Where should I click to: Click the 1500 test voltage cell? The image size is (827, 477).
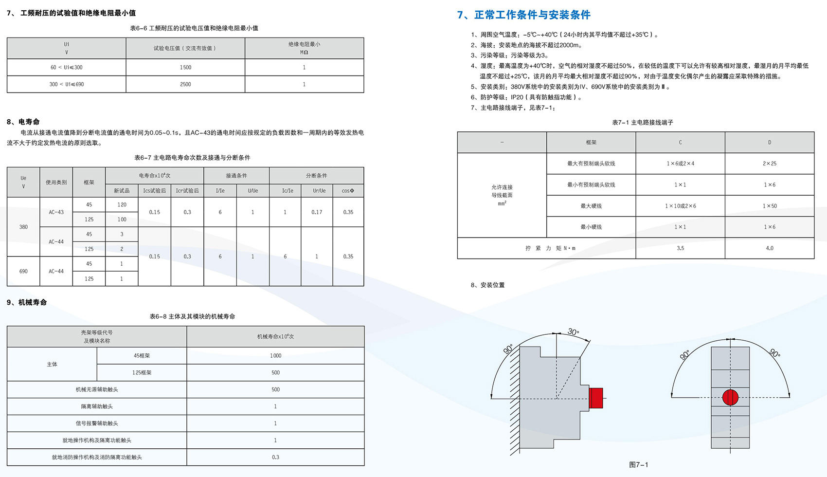point(185,67)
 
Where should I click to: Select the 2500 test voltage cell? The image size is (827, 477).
point(185,84)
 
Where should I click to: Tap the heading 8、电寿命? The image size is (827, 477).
point(23,122)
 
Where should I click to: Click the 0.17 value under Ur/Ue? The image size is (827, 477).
point(317,212)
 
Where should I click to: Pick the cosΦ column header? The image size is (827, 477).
point(348,191)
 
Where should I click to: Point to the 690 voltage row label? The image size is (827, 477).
point(23,271)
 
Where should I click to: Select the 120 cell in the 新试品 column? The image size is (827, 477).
point(122,205)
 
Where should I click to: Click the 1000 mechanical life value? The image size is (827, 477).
point(275,356)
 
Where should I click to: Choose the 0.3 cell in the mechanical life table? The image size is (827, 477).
point(275,457)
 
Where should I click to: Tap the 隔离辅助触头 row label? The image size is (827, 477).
point(97,406)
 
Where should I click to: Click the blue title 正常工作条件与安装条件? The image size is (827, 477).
point(532,15)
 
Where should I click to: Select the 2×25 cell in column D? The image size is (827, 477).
point(769,164)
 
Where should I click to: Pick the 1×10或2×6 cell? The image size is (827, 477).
point(680,206)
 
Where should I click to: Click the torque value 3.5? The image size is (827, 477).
point(680,248)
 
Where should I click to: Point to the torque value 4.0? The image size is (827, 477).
point(769,248)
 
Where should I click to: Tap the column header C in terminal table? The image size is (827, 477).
point(680,143)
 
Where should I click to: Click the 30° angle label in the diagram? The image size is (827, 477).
point(573,332)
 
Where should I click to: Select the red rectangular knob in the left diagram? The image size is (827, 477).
point(596,398)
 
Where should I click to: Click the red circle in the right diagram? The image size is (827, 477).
point(730,397)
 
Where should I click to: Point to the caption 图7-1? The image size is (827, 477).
point(638,465)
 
